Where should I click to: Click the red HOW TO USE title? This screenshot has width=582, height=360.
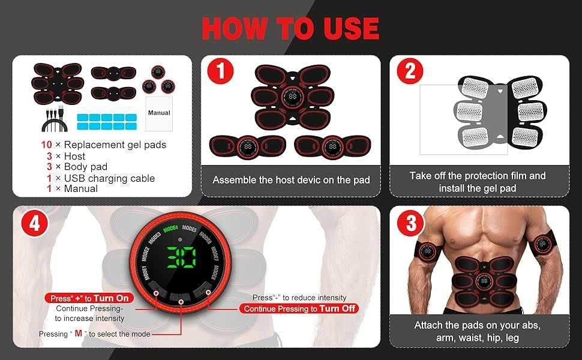point(290,28)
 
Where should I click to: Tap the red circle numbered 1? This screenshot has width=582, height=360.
point(220,71)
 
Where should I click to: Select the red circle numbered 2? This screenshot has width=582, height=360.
point(410,71)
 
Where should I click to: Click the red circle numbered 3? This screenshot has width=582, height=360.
point(410,223)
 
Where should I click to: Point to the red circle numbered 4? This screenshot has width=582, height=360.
point(34,223)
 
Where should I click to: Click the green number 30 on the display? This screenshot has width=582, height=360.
point(181,257)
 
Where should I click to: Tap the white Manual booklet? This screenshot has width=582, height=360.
point(159,113)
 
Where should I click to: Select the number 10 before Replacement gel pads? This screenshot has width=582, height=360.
point(46,145)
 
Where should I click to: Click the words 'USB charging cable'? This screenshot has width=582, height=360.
point(109,178)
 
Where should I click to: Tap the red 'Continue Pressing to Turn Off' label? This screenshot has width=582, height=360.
point(299,308)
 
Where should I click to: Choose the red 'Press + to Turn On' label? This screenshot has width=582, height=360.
point(89,298)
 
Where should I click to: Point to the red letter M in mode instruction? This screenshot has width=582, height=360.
point(79,333)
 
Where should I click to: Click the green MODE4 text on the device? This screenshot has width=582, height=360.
point(171,228)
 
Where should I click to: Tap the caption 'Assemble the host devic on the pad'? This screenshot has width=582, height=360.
point(292,180)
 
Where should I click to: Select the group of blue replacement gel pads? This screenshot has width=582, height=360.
point(107,122)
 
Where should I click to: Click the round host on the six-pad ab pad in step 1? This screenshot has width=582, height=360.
point(292,97)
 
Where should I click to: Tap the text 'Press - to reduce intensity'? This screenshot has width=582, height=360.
point(299,297)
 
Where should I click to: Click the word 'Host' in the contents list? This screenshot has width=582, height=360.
point(74,156)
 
